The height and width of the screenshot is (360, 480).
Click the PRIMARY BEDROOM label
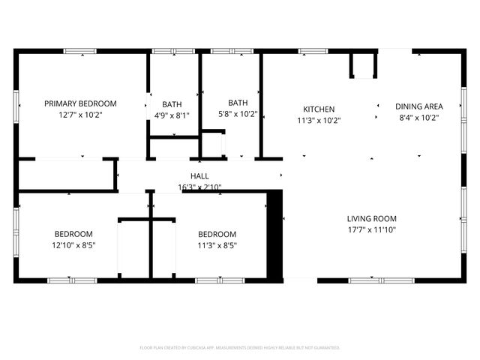[x=80, y=103]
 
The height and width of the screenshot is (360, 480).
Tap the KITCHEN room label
[x=319, y=109]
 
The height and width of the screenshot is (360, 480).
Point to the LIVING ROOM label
[x=371, y=219]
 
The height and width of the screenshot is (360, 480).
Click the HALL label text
[x=199, y=176]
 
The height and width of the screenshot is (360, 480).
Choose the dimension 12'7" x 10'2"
[x=80, y=115]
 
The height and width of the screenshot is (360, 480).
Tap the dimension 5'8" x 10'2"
[x=238, y=115]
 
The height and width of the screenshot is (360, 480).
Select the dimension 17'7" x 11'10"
[x=371, y=230]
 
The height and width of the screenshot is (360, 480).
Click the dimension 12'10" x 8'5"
[x=73, y=244]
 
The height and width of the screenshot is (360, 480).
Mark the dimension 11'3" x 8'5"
[x=217, y=244]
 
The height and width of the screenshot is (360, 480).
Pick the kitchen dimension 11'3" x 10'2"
[x=319, y=120]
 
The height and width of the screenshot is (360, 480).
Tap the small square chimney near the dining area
[x=363, y=65]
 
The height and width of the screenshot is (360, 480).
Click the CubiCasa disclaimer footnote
[x=240, y=348]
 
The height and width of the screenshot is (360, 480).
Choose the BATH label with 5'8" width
[x=238, y=103]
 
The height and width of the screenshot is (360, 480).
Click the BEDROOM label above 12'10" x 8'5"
[x=73, y=233]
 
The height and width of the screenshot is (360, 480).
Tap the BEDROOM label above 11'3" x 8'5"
[x=217, y=233]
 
